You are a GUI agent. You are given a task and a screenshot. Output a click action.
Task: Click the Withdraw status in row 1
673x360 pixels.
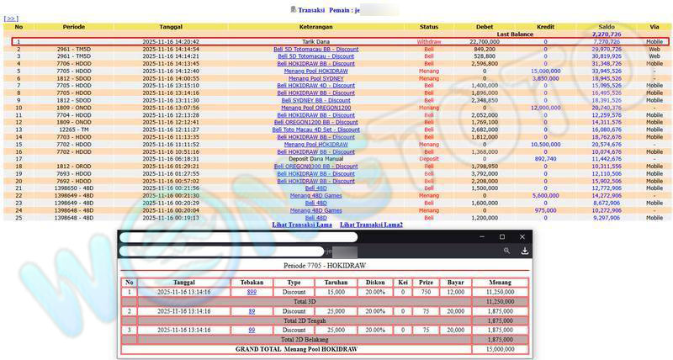point(429,41)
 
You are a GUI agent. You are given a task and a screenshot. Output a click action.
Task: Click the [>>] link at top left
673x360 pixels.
point(11,18)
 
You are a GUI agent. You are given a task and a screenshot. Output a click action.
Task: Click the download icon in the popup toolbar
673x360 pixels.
point(525,251)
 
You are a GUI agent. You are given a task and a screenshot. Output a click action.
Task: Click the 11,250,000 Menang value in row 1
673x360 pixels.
point(500,292)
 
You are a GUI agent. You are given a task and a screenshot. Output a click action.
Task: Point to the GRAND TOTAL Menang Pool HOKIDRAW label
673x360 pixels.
point(296,349)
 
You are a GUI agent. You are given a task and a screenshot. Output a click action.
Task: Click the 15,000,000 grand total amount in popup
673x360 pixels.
point(500,349)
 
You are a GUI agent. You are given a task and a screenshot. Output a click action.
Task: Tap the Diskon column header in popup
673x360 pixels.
point(374,283)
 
